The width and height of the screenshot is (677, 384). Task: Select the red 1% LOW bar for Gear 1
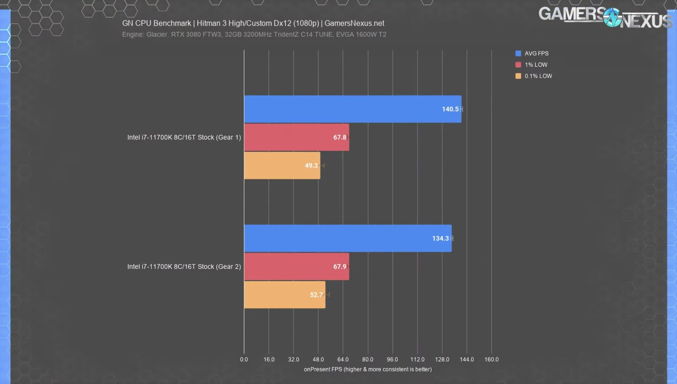(296, 137)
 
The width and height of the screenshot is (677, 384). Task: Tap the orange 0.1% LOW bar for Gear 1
(282, 165)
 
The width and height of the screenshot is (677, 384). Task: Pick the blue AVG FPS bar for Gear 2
(348, 238)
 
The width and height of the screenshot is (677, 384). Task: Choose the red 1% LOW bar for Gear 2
(296, 267)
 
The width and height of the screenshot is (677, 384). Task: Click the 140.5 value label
(450, 109)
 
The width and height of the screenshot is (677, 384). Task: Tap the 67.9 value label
(340, 267)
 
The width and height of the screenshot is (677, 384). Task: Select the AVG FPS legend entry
(536, 54)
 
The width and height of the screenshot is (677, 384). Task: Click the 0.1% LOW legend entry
(538, 76)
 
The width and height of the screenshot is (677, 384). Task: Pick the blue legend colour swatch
(518, 54)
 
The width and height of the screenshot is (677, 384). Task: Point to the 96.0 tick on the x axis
(393, 360)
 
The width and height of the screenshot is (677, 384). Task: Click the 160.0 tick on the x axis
(491, 360)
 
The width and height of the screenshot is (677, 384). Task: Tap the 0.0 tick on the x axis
(244, 360)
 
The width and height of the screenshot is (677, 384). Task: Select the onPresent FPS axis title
(368, 369)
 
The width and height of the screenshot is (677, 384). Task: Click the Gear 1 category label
(184, 137)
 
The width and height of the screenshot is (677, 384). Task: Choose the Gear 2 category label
(184, 267)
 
